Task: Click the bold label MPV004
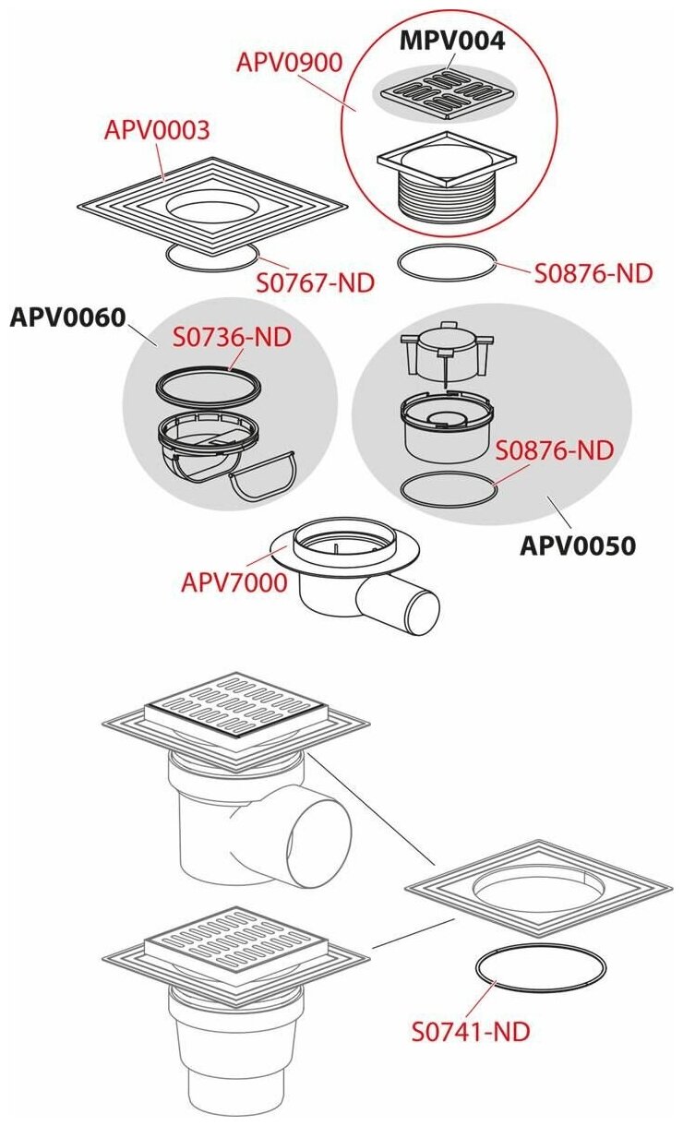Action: [x=452, y=41]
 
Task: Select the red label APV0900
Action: [x=289, y=63]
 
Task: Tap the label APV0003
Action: [x=157, y=129]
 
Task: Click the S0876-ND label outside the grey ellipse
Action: [x=593, y=273]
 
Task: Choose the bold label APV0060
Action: [x=66, y=317]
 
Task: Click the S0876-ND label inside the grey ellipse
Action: [x=555, y=450]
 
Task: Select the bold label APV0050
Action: [x=578, y=546]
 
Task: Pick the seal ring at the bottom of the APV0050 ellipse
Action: [x=448, y=489]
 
